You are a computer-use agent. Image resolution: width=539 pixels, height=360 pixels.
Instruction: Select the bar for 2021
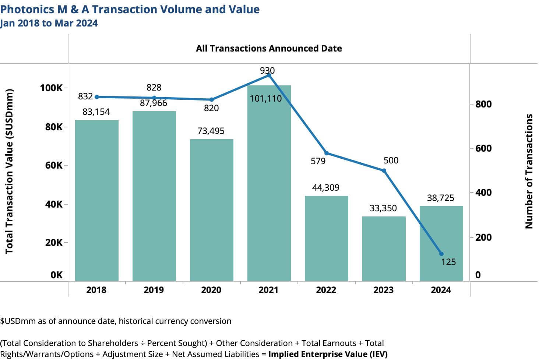(x=269, y=184)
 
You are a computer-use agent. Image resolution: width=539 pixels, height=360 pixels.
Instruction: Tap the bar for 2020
(x=211, y=210)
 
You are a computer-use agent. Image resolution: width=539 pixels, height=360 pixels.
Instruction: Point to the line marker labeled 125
(x=441, y=254)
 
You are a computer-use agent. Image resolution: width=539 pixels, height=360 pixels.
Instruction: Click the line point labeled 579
(x=327, y=153)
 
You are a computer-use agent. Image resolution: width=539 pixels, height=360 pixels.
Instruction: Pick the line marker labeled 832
(x=97, y=97)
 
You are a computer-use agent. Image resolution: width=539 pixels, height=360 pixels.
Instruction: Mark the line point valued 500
(x=384, y=170)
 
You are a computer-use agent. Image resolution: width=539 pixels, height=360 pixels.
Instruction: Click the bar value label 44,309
(x=325, y=188)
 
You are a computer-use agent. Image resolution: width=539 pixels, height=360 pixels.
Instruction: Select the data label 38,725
(x=440, y=198)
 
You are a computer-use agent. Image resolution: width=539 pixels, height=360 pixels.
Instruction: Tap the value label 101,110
(x=265, y=99)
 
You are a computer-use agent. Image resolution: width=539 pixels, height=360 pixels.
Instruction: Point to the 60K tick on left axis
(x=54, y=165)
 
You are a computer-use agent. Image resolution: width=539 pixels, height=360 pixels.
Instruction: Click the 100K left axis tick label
(x=52, y=88)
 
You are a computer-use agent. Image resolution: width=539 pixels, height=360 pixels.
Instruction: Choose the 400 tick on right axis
(x=483, y=193)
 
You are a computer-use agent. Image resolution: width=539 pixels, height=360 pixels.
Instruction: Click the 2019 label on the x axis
(x=154, y=290)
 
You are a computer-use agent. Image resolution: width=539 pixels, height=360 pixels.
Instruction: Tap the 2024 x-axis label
(x=441, y=290)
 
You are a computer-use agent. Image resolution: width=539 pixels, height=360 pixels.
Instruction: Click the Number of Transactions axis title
(x=529, y=171)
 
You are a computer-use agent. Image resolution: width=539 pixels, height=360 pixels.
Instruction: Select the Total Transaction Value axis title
(x=9, y=171)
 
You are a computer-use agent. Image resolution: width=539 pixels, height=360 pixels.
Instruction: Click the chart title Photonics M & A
(x=130, y=9)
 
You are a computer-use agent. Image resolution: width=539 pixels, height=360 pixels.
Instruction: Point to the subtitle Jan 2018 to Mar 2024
(x=49, y=23)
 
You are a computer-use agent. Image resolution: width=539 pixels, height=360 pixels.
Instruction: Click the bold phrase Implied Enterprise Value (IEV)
(x=328, y=354)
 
